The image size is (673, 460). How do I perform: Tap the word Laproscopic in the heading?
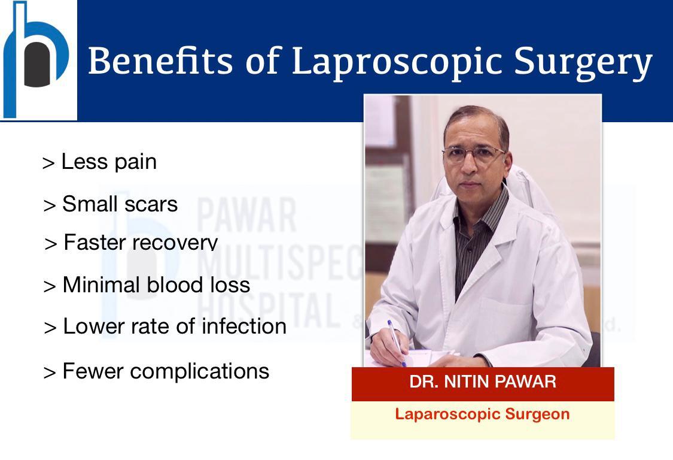(x=397, y=62)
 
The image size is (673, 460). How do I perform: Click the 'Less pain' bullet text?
(x=109, y=162)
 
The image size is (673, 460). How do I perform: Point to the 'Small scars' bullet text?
(x=120, y=204)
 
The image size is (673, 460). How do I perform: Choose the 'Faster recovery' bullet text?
(x=141, y=242)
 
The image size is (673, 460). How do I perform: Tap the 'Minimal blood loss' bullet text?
(x=156, y=285)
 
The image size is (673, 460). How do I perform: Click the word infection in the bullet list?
(x=244, y=326)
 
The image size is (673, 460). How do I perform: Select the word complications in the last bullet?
(x=200, y=371)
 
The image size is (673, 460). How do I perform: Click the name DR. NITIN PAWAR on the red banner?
(x=483, y=382)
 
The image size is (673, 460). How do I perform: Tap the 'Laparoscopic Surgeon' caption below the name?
(x=482, y=414)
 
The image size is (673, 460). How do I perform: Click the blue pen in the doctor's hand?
(x=397, y=343)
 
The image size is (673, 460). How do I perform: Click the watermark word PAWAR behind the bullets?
(x=246, y=215)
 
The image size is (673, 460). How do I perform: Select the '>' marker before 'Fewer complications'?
(x=50, y=373)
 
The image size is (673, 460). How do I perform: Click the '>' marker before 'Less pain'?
(x=48, y=164)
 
